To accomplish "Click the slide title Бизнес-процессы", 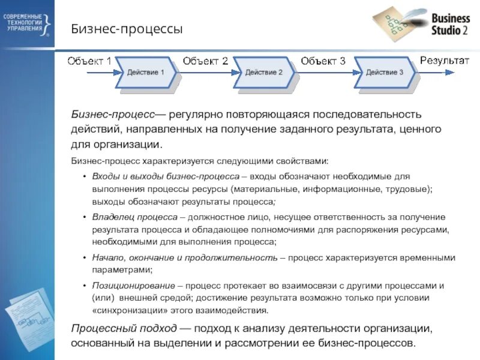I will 127,29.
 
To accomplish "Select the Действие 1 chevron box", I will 146,73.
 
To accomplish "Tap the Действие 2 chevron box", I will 264,73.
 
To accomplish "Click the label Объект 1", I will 89,60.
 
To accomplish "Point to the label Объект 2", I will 206,60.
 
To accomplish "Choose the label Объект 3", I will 323,60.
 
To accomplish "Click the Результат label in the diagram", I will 445,59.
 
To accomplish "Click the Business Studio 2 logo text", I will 450,25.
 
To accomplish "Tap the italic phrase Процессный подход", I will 124,329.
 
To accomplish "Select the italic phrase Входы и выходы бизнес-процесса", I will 165,175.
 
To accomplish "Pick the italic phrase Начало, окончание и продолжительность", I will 185,257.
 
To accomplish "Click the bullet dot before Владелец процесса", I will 84,217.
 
